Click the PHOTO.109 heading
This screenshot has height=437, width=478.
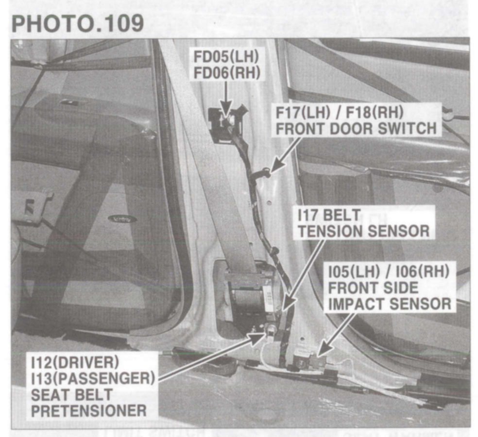click(77, 23)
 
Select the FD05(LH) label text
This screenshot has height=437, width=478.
click(226, 56)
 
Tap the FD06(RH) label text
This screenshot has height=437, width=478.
click(227, 73)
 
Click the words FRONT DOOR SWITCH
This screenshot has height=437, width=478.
click(356, 129)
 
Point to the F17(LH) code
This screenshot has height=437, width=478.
click(303, 113)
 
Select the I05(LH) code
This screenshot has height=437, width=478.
click(354, 271)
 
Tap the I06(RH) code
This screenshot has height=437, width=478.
click(422, 271)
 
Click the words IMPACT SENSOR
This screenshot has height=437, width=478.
click(390, 304)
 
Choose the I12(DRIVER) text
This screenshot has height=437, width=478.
click(75, 362)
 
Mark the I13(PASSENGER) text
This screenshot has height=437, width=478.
click(93, 378)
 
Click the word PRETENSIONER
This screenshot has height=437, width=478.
click(89, 410)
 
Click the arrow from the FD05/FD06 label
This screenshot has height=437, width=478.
click(225, 100)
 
